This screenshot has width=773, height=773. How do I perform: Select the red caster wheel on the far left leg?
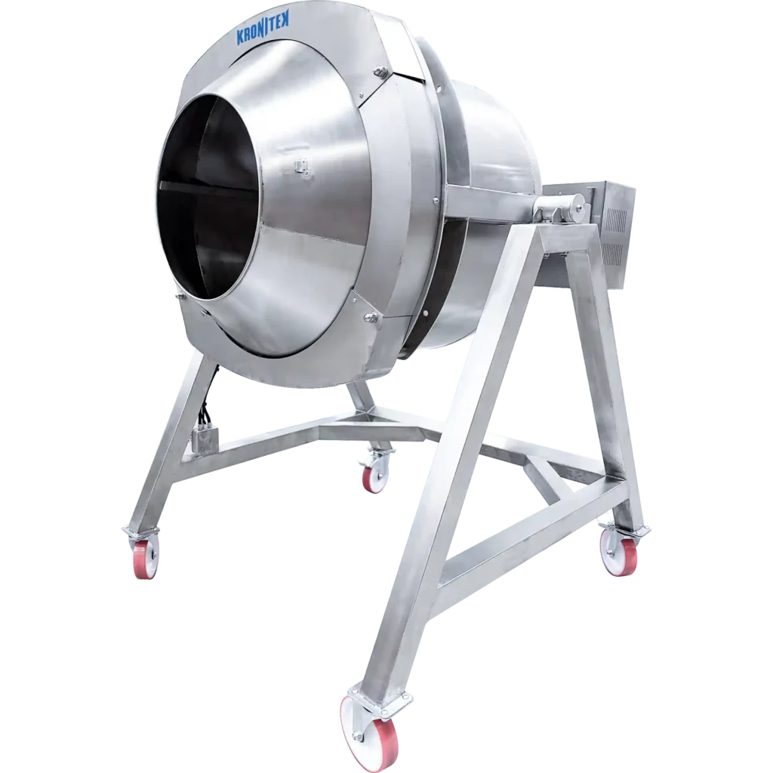pos(146,559)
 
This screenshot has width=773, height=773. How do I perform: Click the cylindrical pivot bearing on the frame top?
pos(559,208)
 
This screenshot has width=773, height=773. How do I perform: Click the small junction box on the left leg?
pos(205,438)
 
